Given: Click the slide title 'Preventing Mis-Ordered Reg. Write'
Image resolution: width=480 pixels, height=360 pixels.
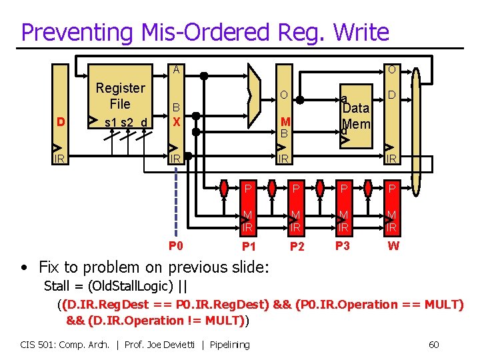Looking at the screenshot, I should (204, 31).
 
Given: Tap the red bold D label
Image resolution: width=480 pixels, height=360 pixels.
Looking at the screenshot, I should (61, 122).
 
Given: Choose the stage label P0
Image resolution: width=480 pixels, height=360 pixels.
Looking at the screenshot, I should (176, 245).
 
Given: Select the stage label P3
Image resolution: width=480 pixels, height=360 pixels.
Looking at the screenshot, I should (343, 245).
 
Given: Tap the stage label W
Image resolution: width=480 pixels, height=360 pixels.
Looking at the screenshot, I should (394, 246).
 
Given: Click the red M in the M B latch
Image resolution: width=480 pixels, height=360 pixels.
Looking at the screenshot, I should (285, 121).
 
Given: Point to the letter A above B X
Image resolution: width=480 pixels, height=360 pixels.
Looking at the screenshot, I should (176, 69).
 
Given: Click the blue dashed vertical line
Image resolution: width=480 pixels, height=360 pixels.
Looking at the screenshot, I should (176, 200).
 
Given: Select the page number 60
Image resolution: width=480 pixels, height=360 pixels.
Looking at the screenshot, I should (433, 345).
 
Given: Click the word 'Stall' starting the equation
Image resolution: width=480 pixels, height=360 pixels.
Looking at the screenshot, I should (57, 287).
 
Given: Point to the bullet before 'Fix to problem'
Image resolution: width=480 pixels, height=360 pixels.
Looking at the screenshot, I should (24, 268).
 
